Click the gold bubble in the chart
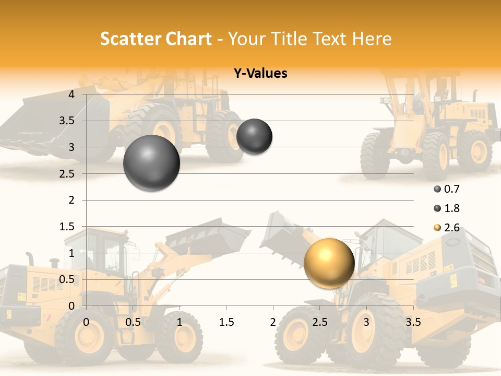point(329,263)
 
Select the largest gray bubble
point(151,163)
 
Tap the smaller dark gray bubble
point(254,137)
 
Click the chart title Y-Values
point(260,74)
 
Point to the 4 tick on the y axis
point(72,95)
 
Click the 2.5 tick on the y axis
point(67,174)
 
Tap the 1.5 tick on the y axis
point(67,227)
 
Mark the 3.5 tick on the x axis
point(413,322)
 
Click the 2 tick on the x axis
point(273,322)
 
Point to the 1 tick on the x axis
point(180,322)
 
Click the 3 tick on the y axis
point(72,147)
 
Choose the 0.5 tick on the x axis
point(133,322)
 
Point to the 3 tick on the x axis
point(366,322)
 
